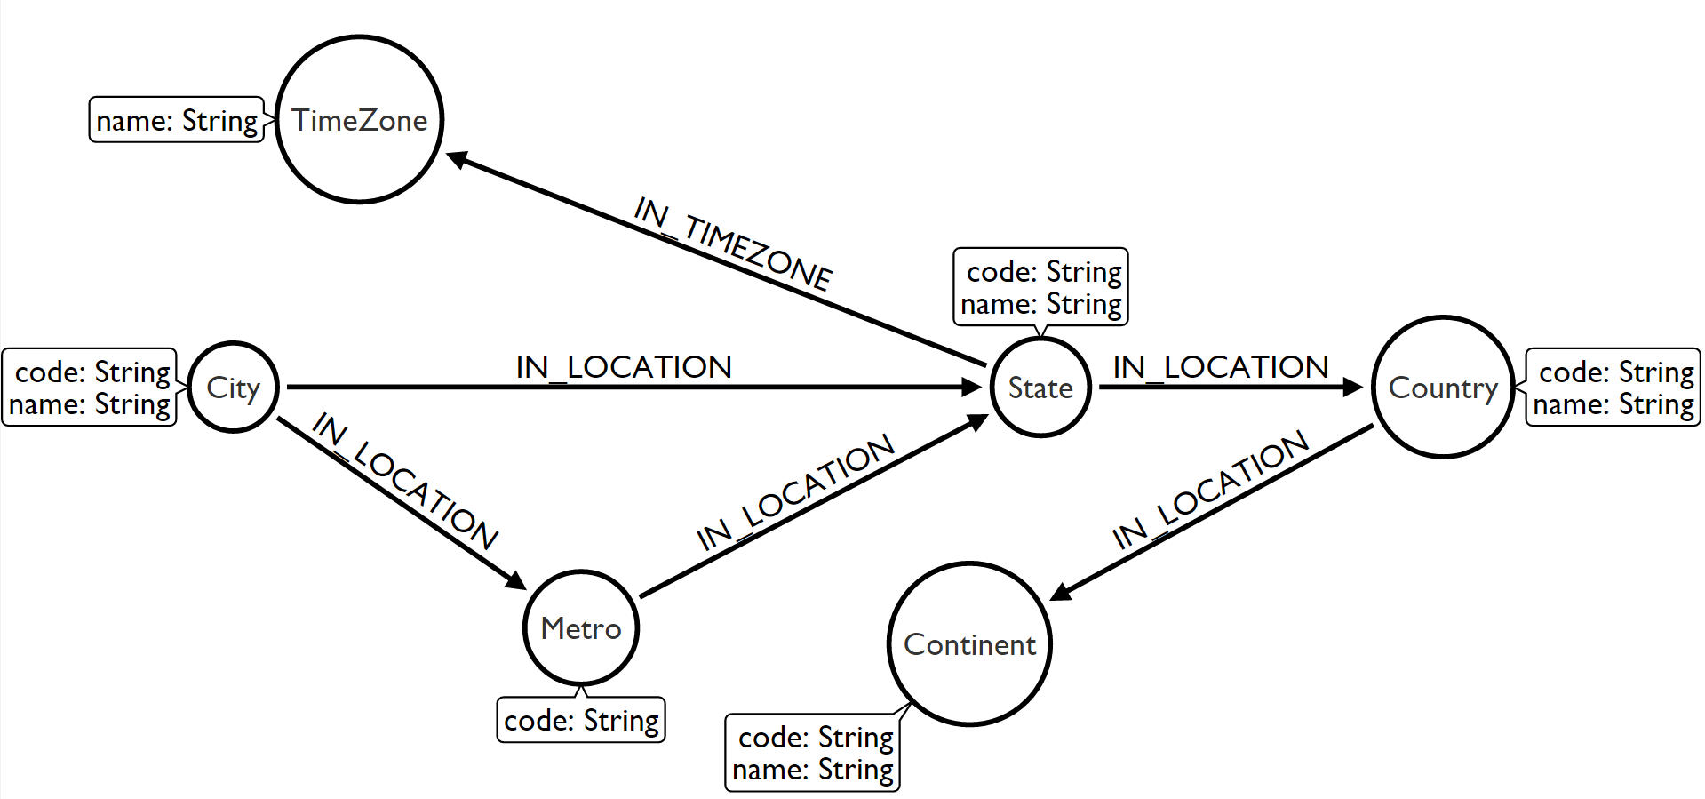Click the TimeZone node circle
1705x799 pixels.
click(x=360, y=120)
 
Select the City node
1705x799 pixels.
click(x=234, y=388)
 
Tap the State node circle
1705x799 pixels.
click(x=1040, y=388)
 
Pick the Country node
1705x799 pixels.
click(x=1443, y=388)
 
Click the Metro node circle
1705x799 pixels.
click(x=581, y=628)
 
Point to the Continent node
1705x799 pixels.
click(x=969, y=644)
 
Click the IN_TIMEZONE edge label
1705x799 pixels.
click(x=733, y=244)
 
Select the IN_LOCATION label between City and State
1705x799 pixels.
click(x=624, y=367)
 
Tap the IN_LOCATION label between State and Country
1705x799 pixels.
click(x=1221, y=367)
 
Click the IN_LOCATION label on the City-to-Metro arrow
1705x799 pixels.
click(x=405, y=481)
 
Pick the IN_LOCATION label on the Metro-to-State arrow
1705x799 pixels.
click(x=795, y=492)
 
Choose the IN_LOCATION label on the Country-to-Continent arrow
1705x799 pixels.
click(x=1210, y=490)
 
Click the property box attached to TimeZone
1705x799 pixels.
click(x=177, y=120)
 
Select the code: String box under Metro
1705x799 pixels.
click(x=581, y=720)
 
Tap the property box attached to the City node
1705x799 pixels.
click(x=90, y=388)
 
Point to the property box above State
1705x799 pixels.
click(x=1041, y=287)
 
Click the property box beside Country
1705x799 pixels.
click(x=1613, y=388)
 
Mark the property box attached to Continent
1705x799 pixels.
click(x=813, y=753)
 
